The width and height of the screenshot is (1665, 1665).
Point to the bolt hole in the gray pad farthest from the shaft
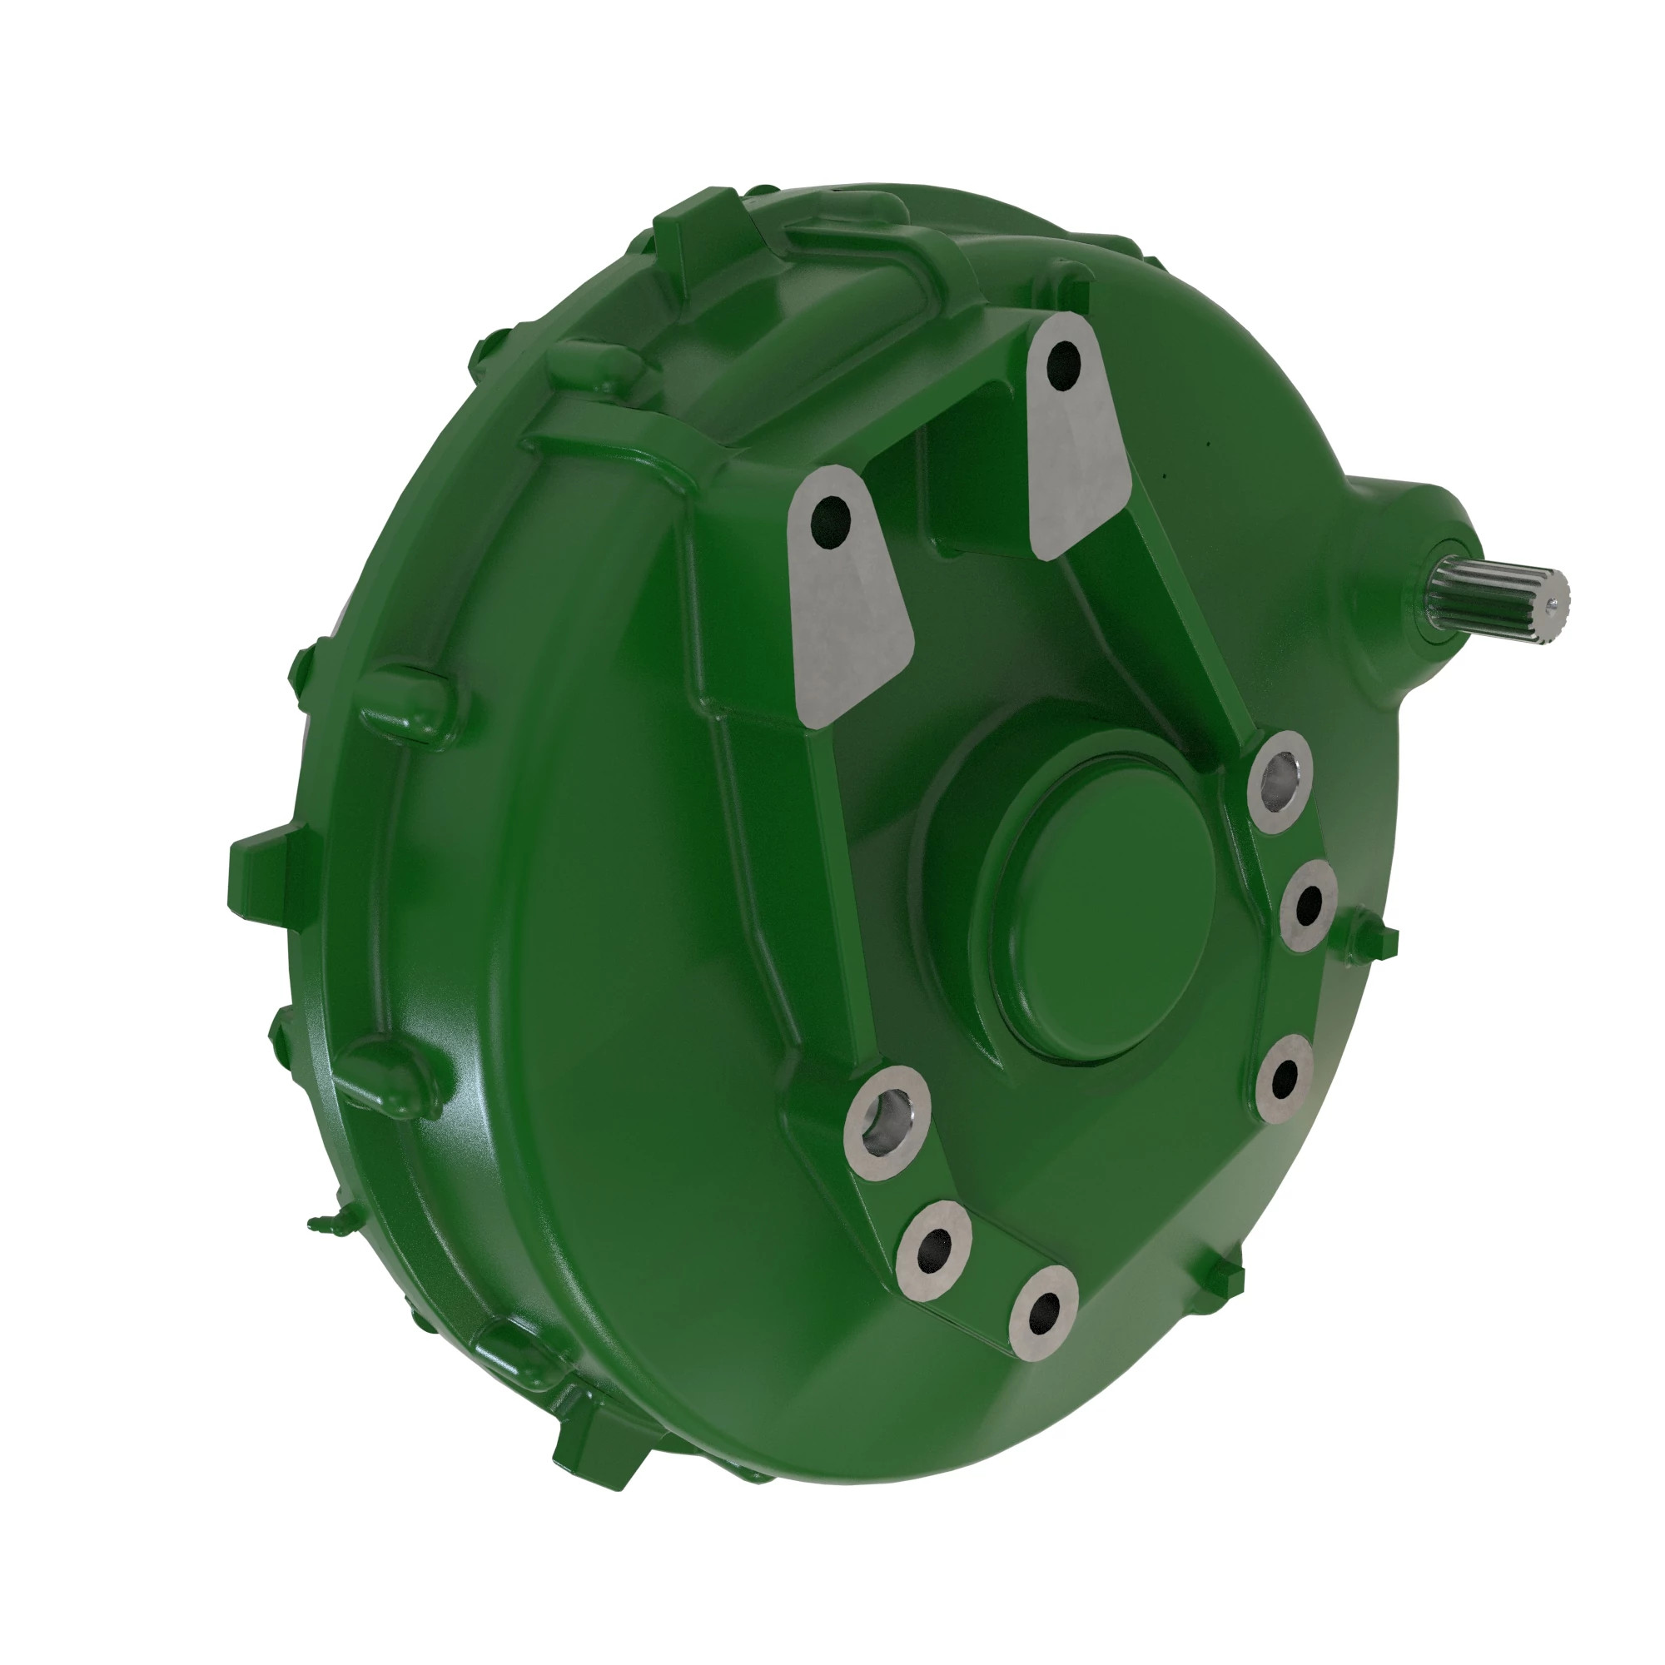point(830,520)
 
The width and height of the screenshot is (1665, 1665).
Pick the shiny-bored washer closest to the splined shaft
point(1278,781)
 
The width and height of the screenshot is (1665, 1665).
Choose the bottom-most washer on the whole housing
point(1044,1313)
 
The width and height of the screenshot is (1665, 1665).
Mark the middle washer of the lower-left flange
point(935,1249)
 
